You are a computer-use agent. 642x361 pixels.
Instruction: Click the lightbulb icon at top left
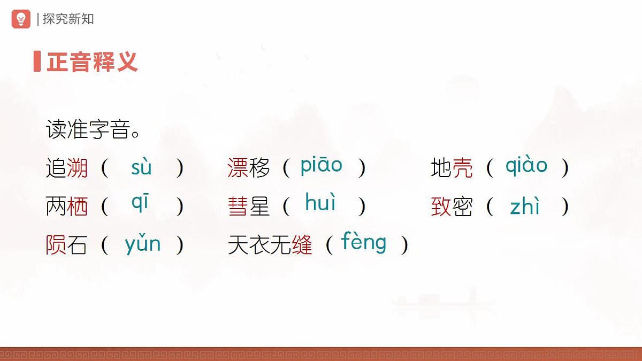coord(21,19)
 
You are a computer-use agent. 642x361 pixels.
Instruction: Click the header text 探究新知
coord(68,19)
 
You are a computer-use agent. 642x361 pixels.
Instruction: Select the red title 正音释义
coord(92,62)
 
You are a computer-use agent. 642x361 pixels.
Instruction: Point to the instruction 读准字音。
coord(94,130)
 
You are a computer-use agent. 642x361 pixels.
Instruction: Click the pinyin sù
coord(141,167)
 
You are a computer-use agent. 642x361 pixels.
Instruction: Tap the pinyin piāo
coord(321,166)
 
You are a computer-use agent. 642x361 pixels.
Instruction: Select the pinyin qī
coord(140,204)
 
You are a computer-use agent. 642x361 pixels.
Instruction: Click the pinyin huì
coord(320,203)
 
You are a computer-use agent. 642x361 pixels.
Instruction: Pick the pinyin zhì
coord(525,206)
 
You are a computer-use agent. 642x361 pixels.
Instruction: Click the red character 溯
coord(78,168)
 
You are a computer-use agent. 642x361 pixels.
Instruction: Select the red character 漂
coord(238,168)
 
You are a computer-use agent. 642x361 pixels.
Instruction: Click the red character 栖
coord(78,206)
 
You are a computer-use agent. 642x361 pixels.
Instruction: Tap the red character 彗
coord(238,206)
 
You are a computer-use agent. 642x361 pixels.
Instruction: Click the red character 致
coord(441,206)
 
